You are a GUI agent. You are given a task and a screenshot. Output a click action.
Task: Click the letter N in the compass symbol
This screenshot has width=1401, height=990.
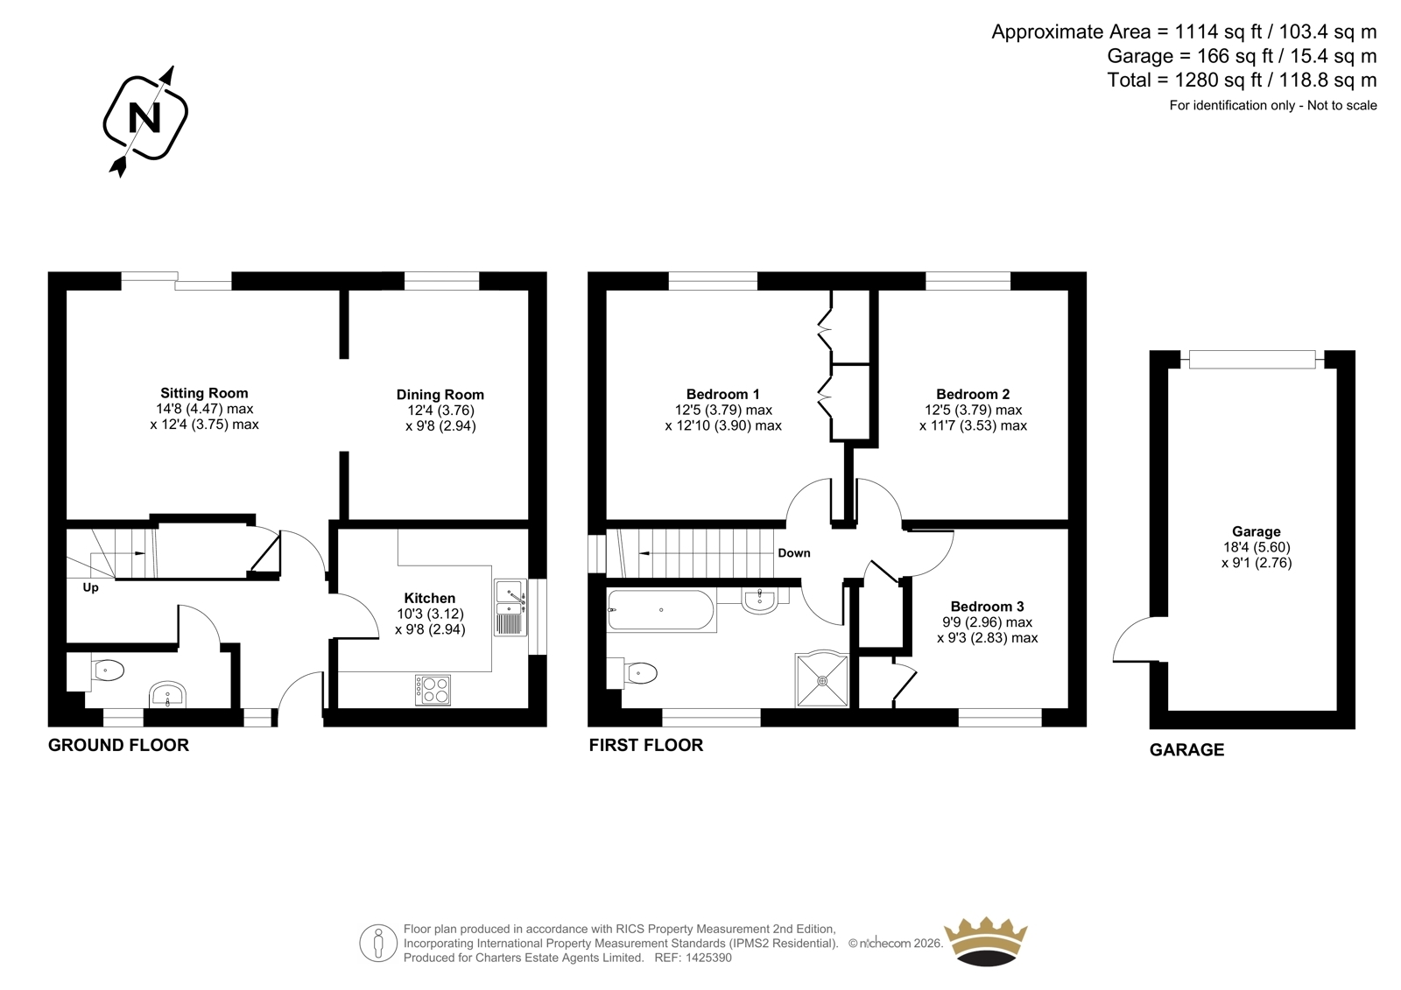click(144, 117)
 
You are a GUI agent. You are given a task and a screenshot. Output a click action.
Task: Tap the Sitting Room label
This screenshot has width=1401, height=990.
click(205, 393)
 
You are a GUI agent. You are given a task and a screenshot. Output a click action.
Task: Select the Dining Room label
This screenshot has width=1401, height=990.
click(440, 395)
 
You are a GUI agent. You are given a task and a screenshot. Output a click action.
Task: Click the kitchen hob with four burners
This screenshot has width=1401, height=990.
click(433, 691)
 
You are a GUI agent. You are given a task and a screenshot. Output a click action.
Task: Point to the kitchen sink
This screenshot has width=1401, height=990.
click(510, 607)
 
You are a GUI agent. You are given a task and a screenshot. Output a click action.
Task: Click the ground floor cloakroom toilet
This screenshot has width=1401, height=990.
click(104, 671)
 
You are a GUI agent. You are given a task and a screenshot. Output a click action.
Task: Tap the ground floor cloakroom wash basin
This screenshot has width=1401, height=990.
click(167, 694)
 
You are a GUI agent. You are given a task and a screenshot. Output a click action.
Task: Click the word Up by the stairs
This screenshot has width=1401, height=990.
click(91, 588)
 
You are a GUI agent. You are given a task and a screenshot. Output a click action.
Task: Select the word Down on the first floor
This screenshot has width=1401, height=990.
click(794, 553)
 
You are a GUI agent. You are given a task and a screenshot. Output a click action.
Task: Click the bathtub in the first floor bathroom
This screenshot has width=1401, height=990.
click(660, 610)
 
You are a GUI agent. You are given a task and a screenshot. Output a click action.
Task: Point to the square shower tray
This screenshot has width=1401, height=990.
click(822, 680)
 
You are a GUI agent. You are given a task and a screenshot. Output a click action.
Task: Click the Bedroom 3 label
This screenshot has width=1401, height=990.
click(988, 607)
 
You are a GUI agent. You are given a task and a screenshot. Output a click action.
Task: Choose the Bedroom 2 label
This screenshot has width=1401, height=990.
click(973, 394)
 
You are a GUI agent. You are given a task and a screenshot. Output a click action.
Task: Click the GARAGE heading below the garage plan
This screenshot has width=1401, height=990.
click(1187, 750)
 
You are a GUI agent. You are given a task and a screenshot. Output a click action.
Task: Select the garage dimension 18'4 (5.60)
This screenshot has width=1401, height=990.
click(1257, 547)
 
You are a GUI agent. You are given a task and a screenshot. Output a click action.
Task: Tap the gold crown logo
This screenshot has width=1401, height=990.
click(986, 942)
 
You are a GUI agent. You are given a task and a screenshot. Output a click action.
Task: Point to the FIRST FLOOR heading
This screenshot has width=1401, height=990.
click(646, 746)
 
